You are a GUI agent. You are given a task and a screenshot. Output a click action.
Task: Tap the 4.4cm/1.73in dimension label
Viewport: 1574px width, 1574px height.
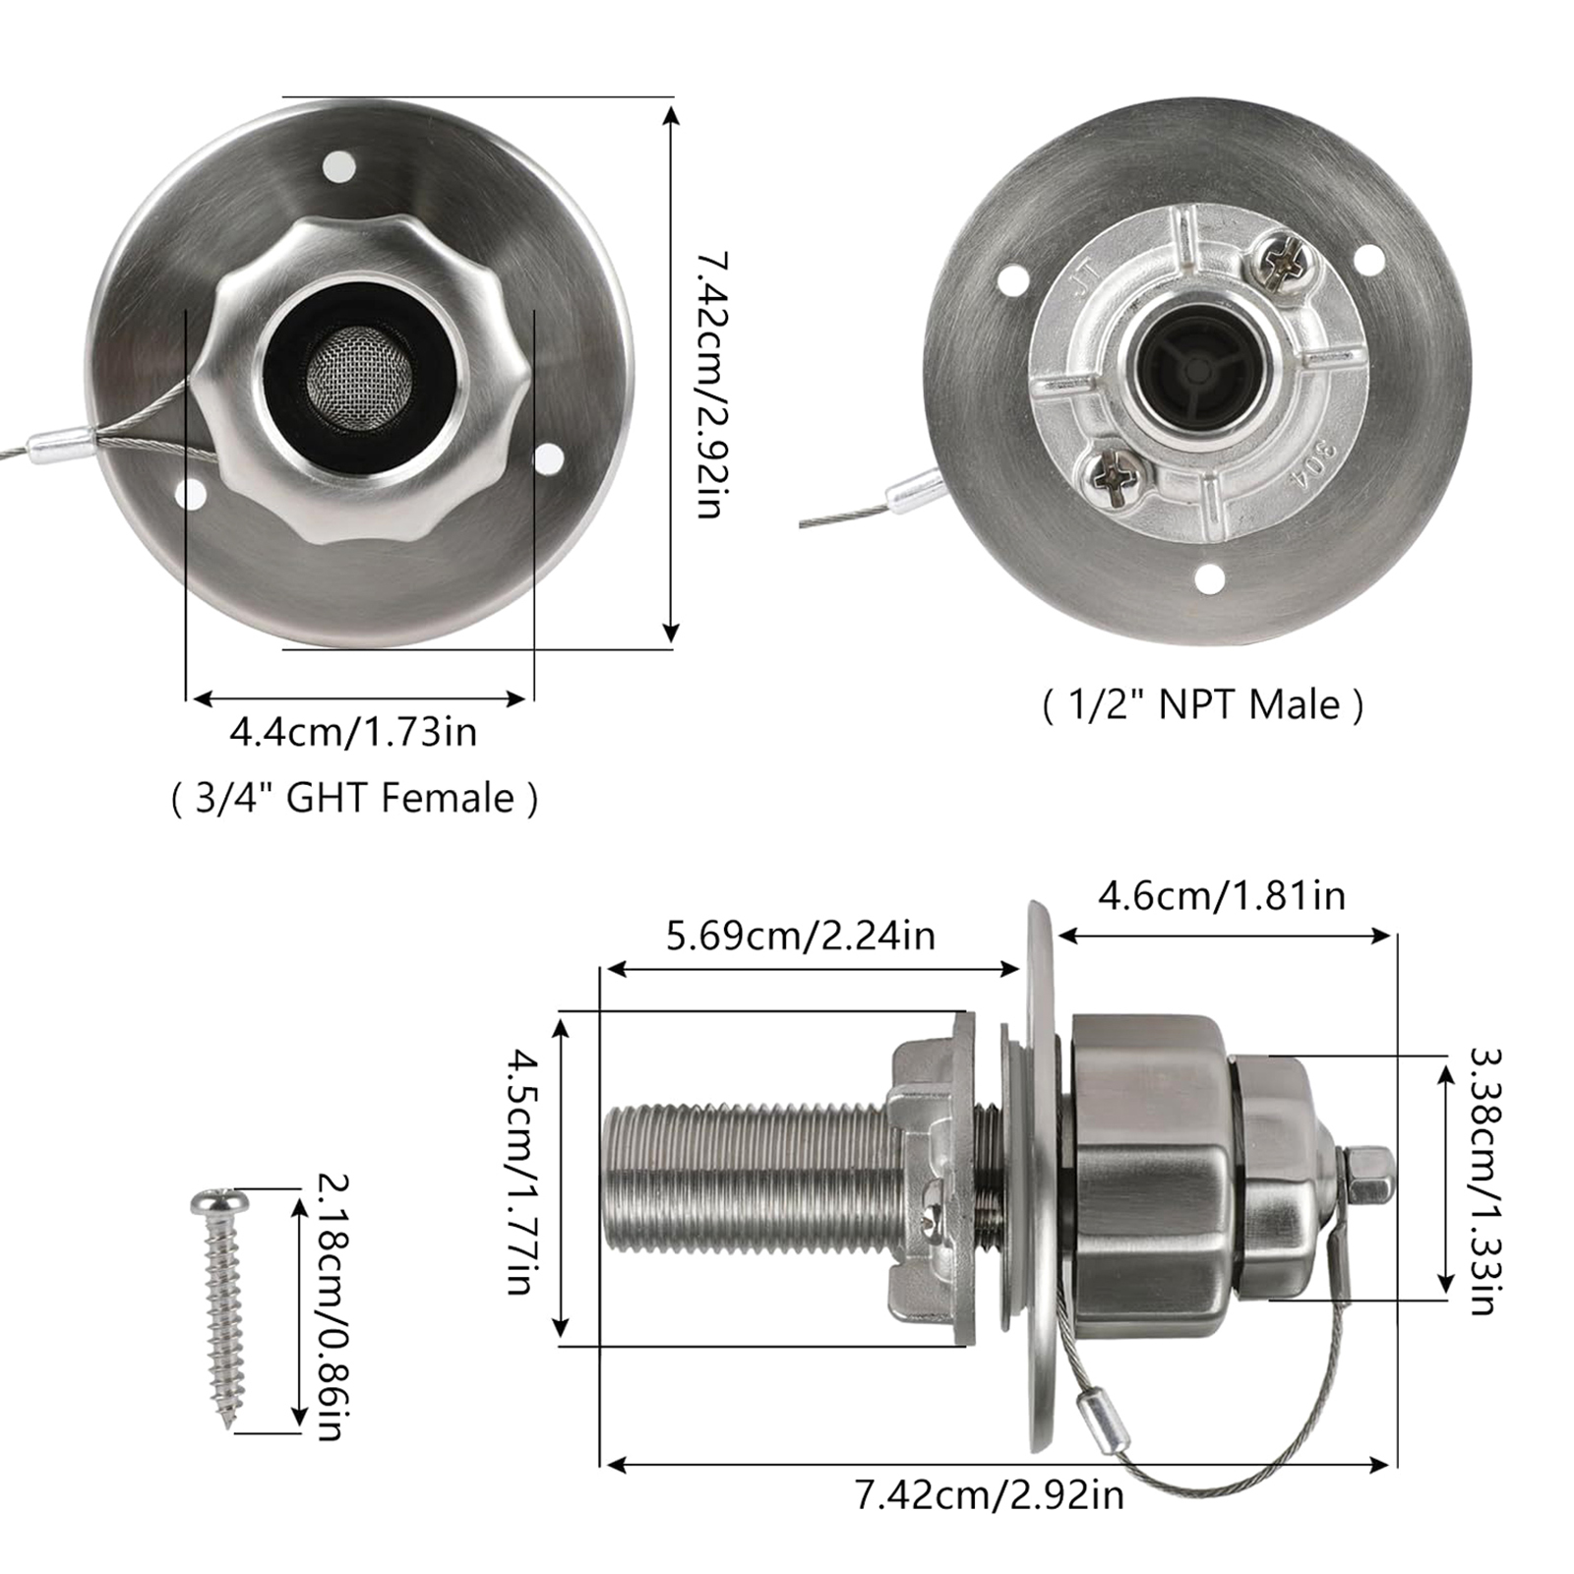[353, 733]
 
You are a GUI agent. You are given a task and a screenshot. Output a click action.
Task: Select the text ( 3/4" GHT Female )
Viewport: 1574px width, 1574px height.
[354, 797]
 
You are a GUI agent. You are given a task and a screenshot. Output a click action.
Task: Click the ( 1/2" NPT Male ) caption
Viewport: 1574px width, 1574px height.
[1203, 705]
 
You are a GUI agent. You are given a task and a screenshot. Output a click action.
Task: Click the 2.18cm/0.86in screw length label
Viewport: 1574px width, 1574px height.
[330, 1307]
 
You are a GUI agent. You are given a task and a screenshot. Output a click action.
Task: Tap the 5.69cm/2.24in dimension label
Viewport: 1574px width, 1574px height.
[801, 935]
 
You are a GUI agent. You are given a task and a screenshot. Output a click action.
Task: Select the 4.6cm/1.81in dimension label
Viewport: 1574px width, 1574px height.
[1222, 896]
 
